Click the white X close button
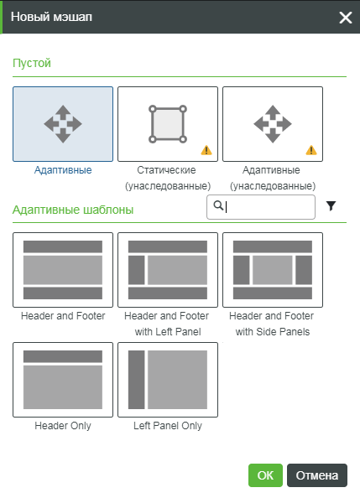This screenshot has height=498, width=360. (346, 18)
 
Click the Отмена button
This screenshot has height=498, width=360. (316, 475)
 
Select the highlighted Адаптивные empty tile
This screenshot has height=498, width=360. (63, 124)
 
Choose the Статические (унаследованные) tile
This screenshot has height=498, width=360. (168, 124)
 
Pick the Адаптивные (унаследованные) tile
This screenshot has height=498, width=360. (273, 124)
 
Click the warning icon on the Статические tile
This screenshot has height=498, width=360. (206, 150)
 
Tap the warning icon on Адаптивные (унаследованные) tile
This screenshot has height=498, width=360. (311, 150)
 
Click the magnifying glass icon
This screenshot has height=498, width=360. (218, 205)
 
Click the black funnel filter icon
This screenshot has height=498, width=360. (331, 206)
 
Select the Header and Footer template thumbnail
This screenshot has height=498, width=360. (63, 270)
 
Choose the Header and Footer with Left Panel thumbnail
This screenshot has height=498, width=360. (168, 270)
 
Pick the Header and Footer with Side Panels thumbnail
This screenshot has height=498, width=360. (273, 270)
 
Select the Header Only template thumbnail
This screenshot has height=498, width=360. (63, 380)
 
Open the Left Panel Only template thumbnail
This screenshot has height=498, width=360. (168, 380)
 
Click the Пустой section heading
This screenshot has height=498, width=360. (32, 63)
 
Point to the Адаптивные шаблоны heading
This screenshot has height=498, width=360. (73, 210)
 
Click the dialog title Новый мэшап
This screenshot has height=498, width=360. (51, 17)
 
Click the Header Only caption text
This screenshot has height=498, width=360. (63, 426)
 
